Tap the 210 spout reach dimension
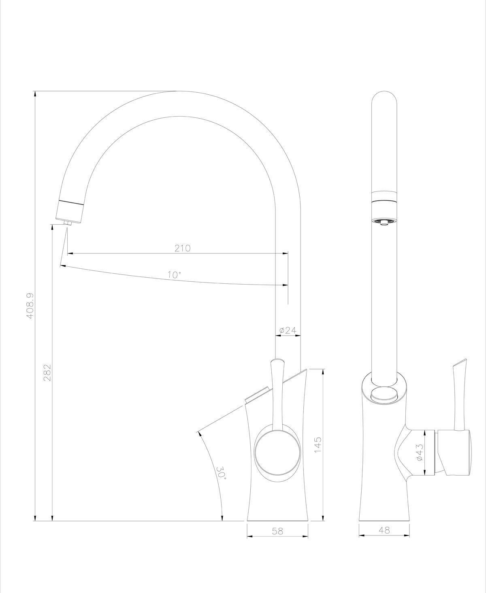point(182,248)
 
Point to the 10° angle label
point(175,275)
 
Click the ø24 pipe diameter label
point(288,330)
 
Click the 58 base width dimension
point(277,531)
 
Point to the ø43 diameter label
point(419,452)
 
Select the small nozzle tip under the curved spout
point(68,222)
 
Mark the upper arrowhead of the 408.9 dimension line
point(35,94)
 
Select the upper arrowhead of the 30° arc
point(199,433)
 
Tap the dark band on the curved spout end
point(72,202)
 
